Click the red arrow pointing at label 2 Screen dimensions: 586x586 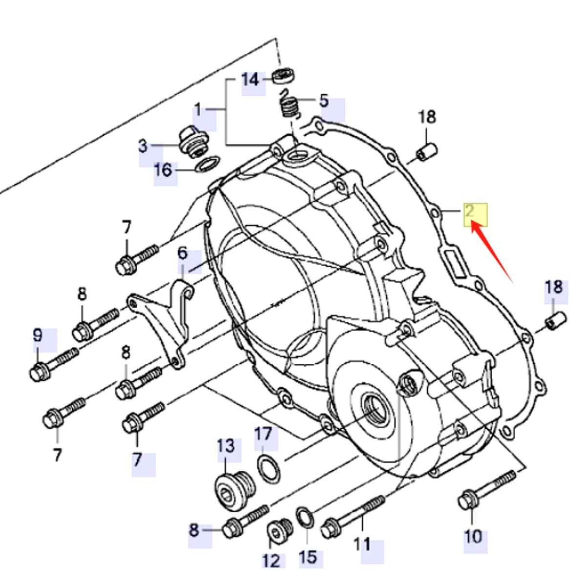(x=491, y=251)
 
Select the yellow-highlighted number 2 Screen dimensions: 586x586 (x=470, y=212)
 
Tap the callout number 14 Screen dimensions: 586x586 (x=251, y=80)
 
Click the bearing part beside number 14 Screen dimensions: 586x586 (x=284, y=76)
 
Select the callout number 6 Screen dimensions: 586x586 (x=182, y=253)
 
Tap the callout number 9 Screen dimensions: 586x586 (x=38, y=335)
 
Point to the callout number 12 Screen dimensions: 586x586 (x=272, y=560)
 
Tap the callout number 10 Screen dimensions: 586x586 (x=473, y=536)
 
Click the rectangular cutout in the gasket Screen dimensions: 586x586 (x=455, y=262)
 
